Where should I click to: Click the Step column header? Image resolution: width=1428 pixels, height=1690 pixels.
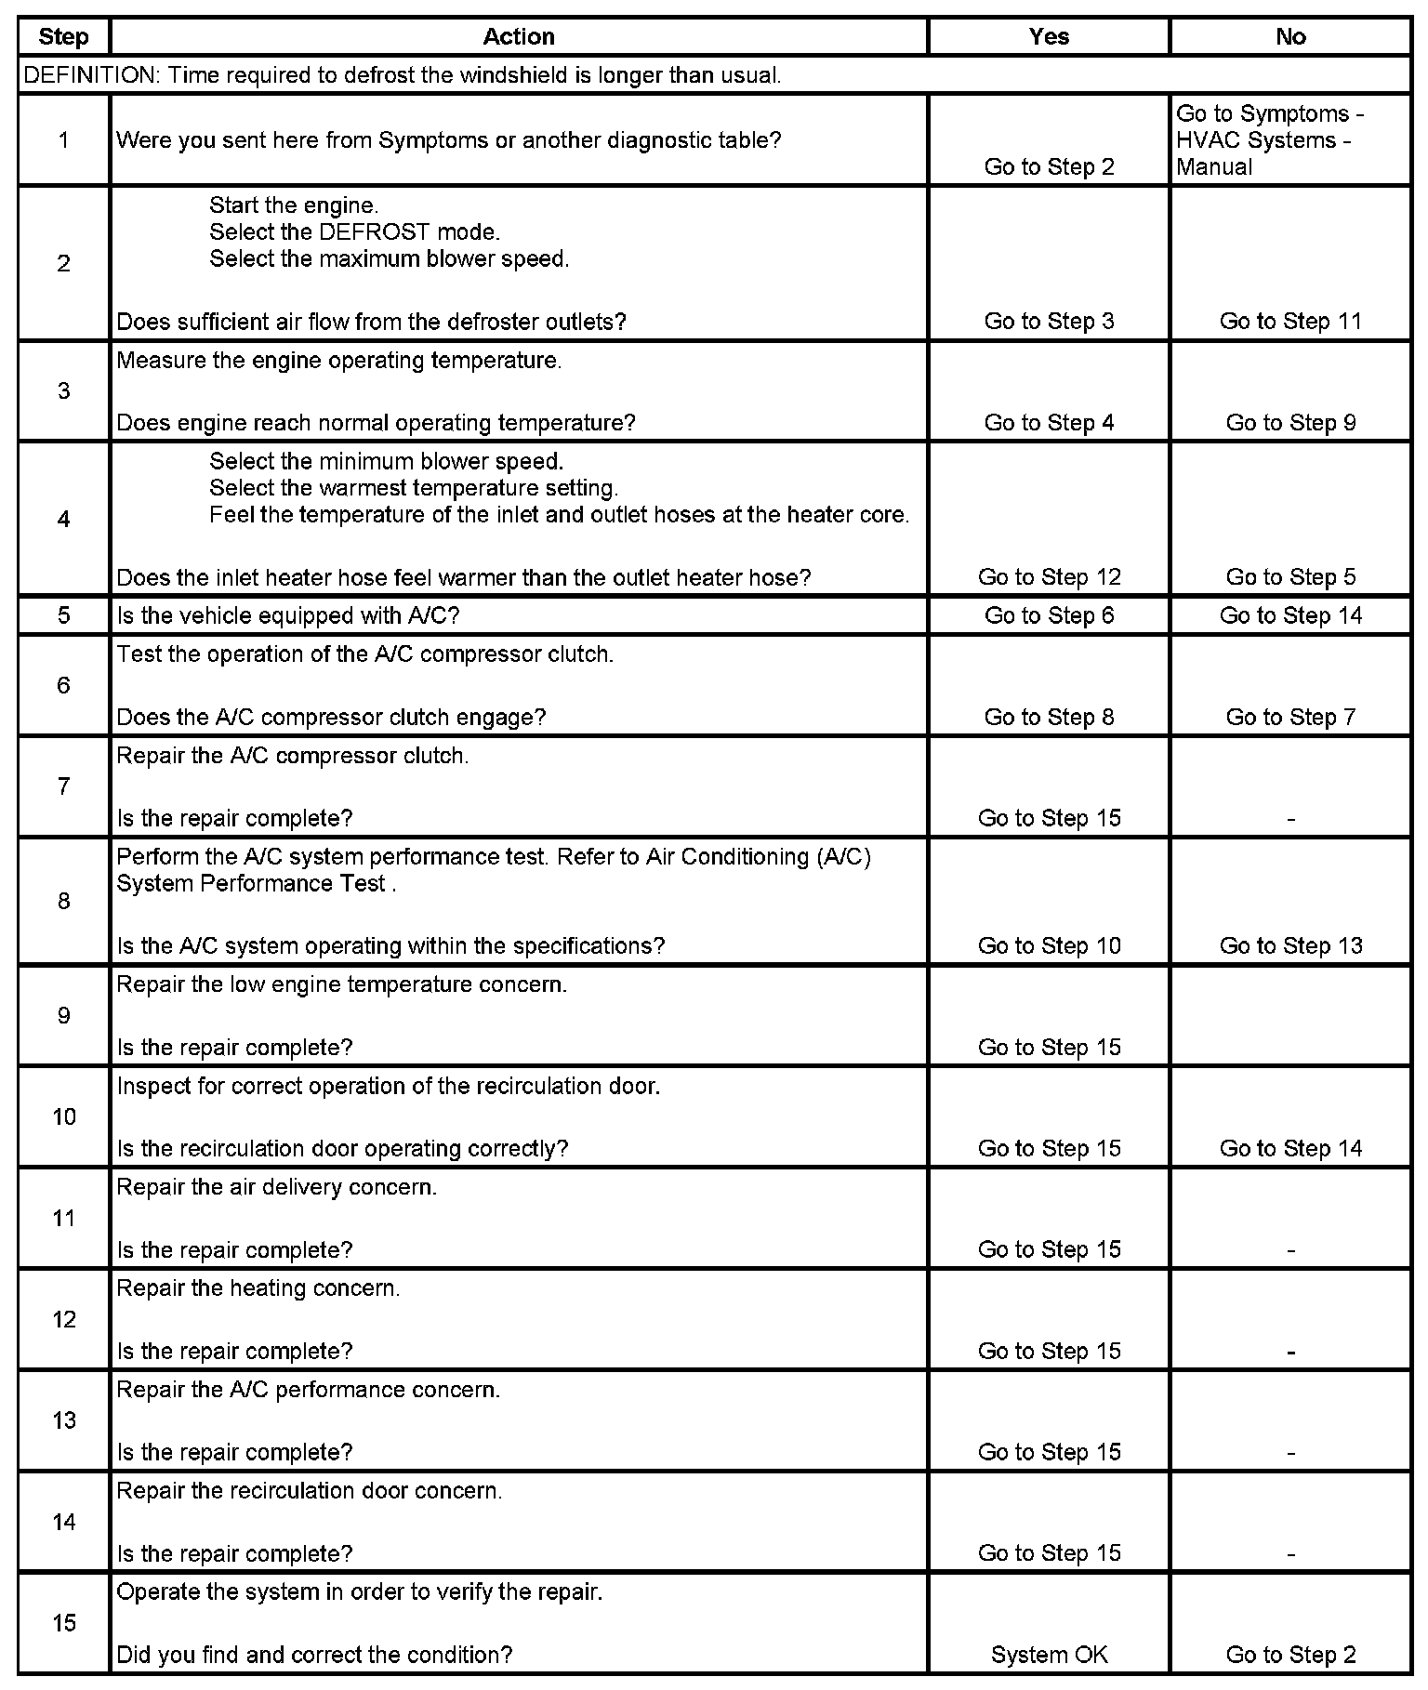tap(63, 37)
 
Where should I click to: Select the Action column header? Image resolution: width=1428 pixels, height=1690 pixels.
tap(519, 37)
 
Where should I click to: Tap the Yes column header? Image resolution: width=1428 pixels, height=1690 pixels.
tap(1049, 37)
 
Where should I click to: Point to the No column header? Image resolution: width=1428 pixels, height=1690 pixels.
tap(1290, 37)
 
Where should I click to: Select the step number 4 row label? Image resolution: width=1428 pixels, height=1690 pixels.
tap(63, 519)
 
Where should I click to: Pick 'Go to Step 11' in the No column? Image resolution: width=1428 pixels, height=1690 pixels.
tap(1290, 322)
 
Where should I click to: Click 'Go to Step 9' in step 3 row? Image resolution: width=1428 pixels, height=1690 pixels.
tap(1290, 423)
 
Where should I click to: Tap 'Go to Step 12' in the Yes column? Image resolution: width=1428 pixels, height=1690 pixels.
tap(1049, 577)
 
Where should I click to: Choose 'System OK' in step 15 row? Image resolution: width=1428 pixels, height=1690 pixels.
tap(1049, 1655)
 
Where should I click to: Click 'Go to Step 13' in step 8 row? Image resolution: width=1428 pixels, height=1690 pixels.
tap(1290, 946)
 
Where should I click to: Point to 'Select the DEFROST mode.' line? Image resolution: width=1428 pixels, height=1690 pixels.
tap(354, 232)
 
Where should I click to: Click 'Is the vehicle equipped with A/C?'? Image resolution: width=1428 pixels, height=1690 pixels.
tap(288, 615)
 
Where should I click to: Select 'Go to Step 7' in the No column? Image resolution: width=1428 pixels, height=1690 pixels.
tap(1290, 717)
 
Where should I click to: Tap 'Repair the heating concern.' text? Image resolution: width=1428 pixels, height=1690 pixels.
tap(258, 1288)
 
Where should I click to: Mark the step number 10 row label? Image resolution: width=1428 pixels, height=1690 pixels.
tap(63, 1116)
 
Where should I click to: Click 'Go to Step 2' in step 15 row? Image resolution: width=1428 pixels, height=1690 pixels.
tap(1290, 1655)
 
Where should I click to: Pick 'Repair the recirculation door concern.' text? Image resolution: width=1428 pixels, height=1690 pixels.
tap(310, 1491)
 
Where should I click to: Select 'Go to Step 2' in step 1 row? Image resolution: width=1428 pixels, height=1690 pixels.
tap(1049, 167)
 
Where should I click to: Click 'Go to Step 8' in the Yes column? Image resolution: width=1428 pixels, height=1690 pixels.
tap(1049, 717)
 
